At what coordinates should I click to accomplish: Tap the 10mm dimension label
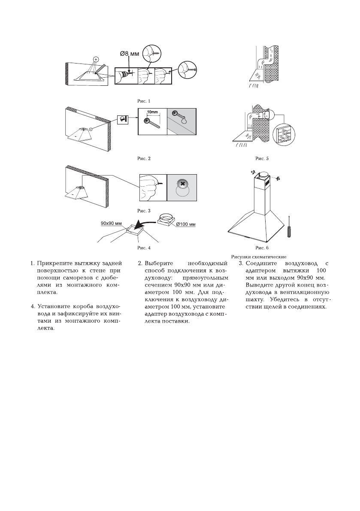tap(153, 112)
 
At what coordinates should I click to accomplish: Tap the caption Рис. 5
tap(262, 159)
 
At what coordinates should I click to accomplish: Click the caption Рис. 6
tap(262, 248)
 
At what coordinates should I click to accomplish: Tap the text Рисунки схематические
tap(258, 257)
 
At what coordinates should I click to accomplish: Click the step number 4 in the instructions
tap(33, 306)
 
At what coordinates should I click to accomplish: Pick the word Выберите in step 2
tap(159, 263)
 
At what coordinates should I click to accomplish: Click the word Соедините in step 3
tap(260, 263)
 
